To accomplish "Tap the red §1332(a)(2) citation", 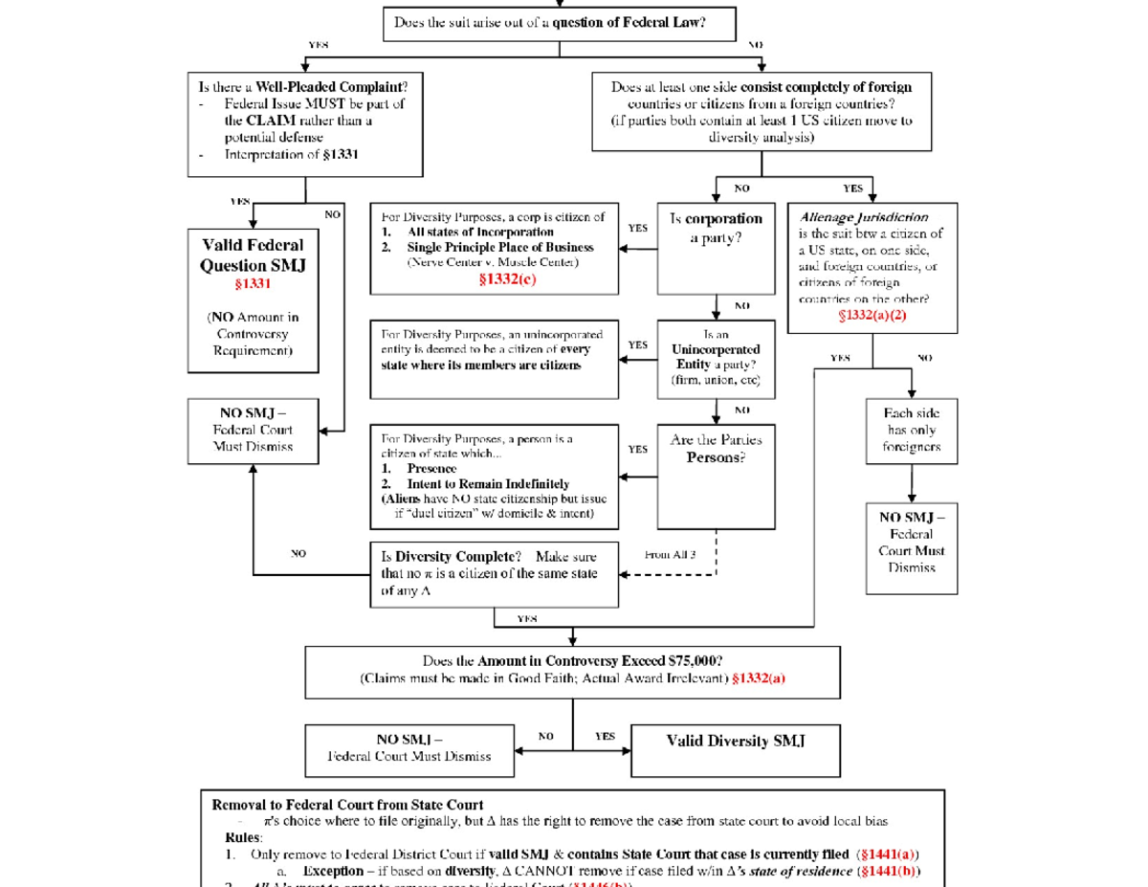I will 872,315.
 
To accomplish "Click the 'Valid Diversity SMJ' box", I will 736,741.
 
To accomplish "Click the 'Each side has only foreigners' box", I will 911,430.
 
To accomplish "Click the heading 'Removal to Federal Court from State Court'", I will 347,804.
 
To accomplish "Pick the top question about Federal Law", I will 550,22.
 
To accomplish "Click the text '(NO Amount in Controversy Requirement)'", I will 253,334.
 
